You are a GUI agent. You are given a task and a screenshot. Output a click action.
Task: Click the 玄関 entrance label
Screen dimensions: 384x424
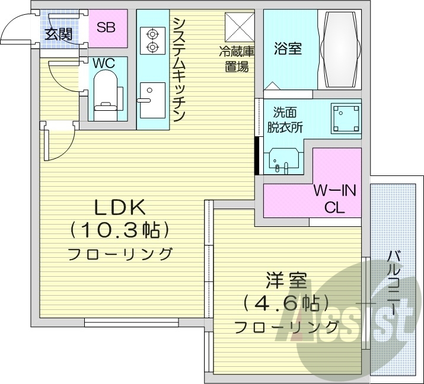point(58,34)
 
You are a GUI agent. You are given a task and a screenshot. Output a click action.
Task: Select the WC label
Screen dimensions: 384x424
point(104,63)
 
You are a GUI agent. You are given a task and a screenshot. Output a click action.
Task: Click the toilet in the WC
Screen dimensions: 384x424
point(106,92)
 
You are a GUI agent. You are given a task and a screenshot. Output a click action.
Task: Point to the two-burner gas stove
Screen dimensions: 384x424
point(152,40)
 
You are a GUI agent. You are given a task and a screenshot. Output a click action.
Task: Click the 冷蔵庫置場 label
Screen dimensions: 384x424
point(240,59)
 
